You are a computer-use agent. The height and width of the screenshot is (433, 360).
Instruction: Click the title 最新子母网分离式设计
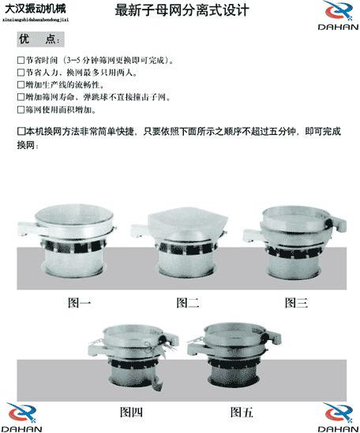pyautogui.click(x=182, y=12)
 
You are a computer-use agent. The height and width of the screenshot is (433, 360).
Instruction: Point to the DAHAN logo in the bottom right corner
pyautogui.click(x=337, y=415)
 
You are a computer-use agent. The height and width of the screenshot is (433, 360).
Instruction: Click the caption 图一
pyautogui.click(x=80, y=302)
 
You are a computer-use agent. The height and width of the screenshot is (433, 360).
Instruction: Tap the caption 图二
pyautogui.click(x=187, y=302)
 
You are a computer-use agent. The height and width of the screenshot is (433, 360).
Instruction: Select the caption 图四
pyautogui.click(x=131, y=411)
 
